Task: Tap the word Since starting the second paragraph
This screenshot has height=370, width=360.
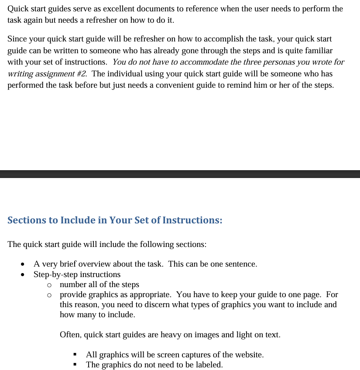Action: pos(17,39)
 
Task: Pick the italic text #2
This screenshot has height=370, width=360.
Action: pos(81,73)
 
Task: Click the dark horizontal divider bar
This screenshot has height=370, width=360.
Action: pos(180,174)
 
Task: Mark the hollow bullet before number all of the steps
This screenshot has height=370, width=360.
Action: pos(49,285)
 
